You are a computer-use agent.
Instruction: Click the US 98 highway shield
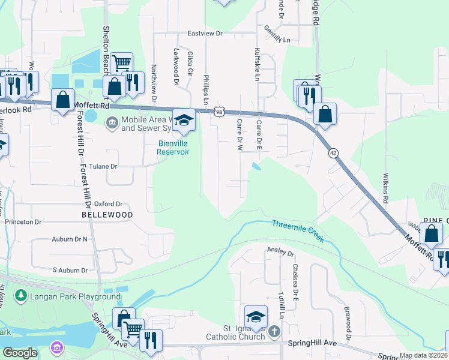click(x=220, y=112)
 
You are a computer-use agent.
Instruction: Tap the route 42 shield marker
click(x=333, y=154)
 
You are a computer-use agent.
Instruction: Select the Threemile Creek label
click(x=298, y=231)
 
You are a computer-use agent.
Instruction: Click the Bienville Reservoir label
click(x=173, y=148)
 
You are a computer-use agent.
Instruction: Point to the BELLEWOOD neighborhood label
click(x=107, y=214)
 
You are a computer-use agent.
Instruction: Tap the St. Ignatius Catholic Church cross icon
click(x=274, y=331)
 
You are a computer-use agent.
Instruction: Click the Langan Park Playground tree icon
click(x=21, y=296)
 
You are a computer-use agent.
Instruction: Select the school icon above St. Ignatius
click(x=256, y=316)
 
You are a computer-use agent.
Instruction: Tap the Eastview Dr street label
click(x=205, y=34)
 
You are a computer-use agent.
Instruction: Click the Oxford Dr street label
click(x=108, y=204)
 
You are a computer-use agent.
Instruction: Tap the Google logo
click(x=20, y=353)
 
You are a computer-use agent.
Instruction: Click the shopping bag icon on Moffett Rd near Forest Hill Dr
click(x=62, y=99)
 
